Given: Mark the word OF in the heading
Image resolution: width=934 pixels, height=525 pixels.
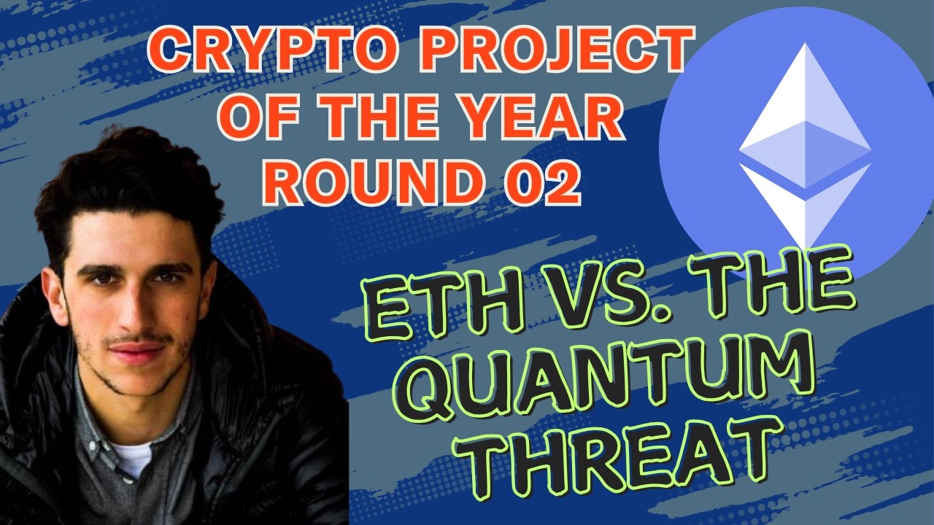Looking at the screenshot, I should pos(252,120).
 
